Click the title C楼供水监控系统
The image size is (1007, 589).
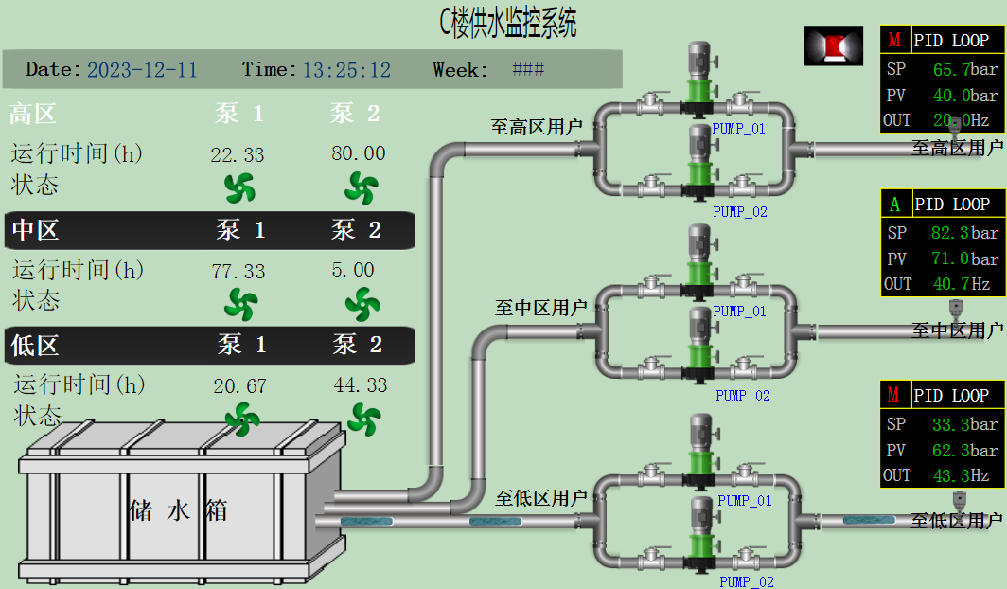(508, 23)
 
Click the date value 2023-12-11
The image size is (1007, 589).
(142, 70)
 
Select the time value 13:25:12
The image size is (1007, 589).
(346, 70)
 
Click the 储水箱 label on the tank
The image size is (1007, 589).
(178, 511)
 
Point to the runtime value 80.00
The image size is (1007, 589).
(359, 153)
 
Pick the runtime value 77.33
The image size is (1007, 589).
(238, 271)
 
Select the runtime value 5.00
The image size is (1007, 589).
(353, 271)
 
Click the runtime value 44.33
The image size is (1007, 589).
(361, 385)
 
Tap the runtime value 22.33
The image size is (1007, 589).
(238, 154)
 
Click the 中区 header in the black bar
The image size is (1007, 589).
(35, 229)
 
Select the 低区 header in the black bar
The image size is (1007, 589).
(35, 346)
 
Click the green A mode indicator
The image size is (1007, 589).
(895, 204)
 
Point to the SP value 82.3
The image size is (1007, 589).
(950, 233)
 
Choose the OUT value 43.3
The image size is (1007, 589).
(950, 475)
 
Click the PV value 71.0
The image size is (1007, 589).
(950, 259)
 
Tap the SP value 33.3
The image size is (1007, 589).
(950, 424)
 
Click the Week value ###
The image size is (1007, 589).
(528, 69)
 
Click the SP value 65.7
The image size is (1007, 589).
(952, 69)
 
